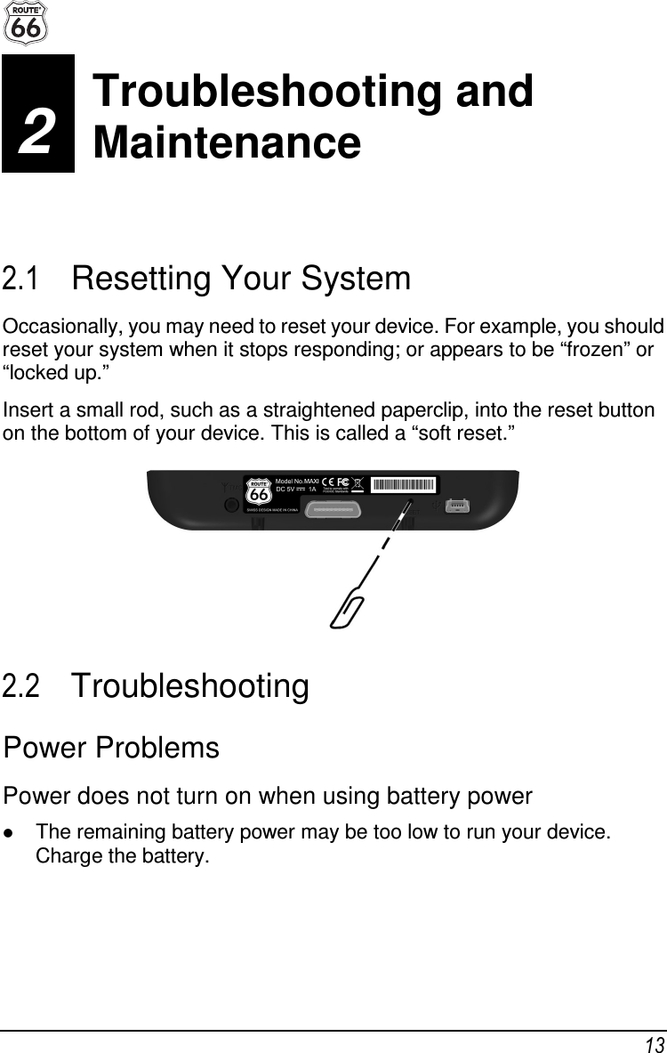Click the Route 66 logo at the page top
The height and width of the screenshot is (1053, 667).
pos(25,23)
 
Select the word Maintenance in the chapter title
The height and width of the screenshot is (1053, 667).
pos(227,142)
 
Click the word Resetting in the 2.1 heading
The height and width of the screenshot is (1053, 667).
pos(140,279)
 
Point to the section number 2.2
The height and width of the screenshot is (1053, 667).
pos(20,687)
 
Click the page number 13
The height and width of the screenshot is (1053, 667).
pos(654,1043)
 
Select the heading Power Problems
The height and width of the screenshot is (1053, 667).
pos(111,749)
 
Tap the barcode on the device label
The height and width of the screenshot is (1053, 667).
pos(403,485)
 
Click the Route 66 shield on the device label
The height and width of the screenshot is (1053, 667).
pos(258,491)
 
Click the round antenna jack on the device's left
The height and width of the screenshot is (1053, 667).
pos(231,505)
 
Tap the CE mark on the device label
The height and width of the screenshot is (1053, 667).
pos(328,484)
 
